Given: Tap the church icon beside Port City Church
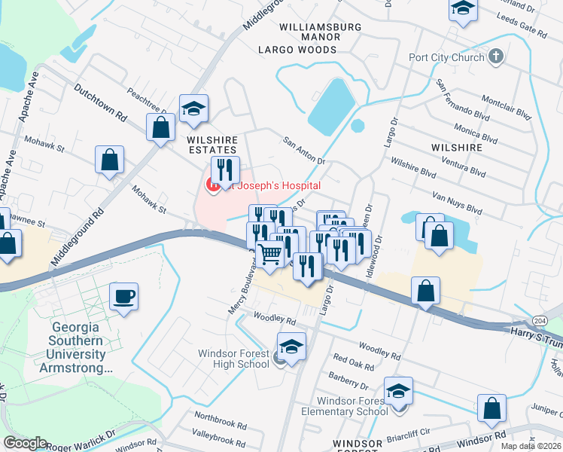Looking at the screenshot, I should point(495,56).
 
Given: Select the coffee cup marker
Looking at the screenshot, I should point(124,295).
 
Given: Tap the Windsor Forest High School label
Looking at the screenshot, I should point(233,359).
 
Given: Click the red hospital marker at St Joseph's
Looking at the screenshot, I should point(214,184).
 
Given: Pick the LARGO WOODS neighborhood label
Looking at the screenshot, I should point(297,50).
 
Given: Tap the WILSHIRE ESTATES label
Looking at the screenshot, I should point(212,145).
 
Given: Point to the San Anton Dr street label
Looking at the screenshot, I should point(303,151).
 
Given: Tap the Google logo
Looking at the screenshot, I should point(26,443).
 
